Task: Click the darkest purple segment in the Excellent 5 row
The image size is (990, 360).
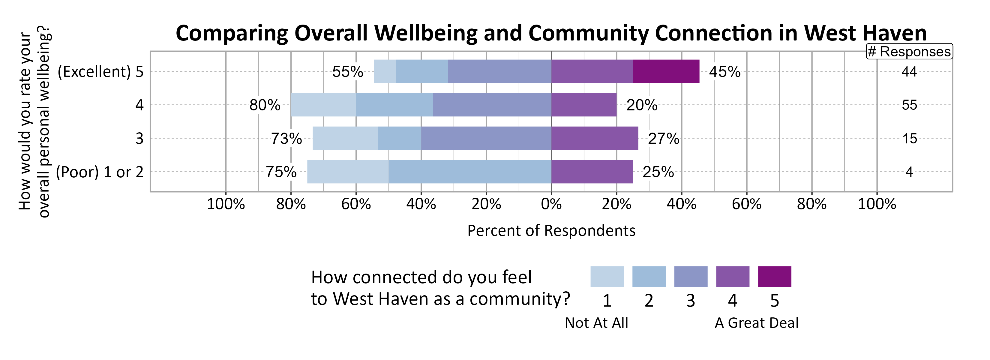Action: [666, 71]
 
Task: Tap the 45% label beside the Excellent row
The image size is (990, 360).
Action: [724, 72]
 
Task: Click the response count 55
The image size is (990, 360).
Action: [909, 105]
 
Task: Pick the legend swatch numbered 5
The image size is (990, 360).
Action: [774, 277]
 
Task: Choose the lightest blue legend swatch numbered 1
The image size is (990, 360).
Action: [607, 277]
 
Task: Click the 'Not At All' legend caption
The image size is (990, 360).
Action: [596, 323]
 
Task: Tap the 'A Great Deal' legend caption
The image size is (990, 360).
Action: [756, 323]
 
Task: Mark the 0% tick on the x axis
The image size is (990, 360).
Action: [551, 204]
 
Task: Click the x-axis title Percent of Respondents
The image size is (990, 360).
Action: [551, 230]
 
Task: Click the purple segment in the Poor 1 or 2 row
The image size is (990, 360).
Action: [592, 172]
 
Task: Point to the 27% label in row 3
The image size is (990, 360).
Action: [663, 139]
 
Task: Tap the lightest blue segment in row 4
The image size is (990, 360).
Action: [323, 105]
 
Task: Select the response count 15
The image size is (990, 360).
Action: [909, 139]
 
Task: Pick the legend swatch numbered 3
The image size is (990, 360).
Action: [691, 277]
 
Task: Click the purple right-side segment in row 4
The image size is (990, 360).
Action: [584, 105]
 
